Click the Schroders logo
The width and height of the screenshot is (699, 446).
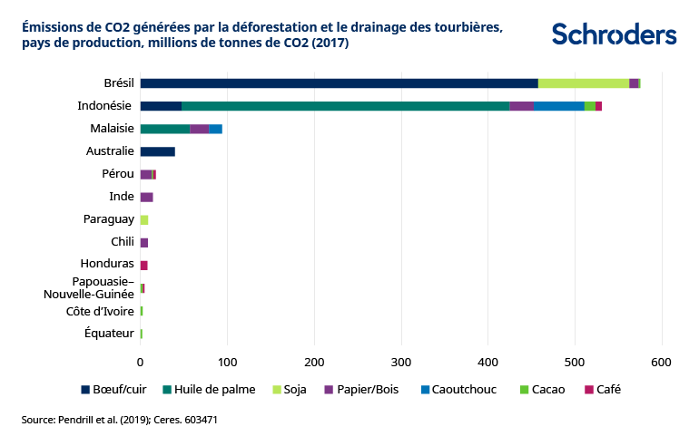point(614,34)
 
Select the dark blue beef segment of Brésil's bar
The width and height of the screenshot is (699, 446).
point(339,83)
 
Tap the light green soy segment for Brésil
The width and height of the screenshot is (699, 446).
point(583,83)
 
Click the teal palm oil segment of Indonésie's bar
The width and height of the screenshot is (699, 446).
point(345,106)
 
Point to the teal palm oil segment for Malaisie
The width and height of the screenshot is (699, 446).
point(164,129)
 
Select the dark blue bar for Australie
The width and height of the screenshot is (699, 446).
point(157,151)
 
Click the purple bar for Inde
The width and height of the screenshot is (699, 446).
point(146,197)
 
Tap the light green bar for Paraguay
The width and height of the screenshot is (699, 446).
point(143,219)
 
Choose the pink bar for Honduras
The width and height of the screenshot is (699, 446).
point(143,265)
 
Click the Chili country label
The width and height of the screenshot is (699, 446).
point(123,242)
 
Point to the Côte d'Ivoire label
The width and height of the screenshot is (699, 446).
point(100,311)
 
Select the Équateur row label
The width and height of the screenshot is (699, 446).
point(109,334)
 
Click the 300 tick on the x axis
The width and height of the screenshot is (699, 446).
point(401,363)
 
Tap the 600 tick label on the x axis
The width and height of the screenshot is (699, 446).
point(662,363)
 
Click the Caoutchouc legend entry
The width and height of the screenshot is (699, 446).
point(458,390)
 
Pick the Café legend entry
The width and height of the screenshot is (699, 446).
point(602,390)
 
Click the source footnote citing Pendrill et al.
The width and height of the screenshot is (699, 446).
point(120,420)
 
